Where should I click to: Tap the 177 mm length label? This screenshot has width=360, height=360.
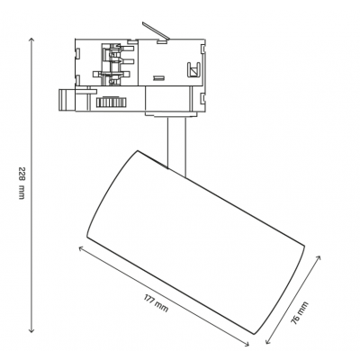click(156, 303)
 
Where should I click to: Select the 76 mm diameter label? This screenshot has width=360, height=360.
click(300, 313)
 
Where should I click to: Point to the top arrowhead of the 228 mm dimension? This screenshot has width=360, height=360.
click(31, 40)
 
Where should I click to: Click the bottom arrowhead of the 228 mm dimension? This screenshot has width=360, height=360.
click(31, 330)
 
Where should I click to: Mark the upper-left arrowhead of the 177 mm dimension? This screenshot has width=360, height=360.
click(80, 248)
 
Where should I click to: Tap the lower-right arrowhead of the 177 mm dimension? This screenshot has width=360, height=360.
click(247, 344)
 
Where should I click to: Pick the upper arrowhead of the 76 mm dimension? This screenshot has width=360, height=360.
click(319, 257)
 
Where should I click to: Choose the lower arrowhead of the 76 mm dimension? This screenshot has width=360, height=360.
click(267, 341)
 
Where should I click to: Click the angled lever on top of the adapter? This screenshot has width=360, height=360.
click(156, 31)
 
